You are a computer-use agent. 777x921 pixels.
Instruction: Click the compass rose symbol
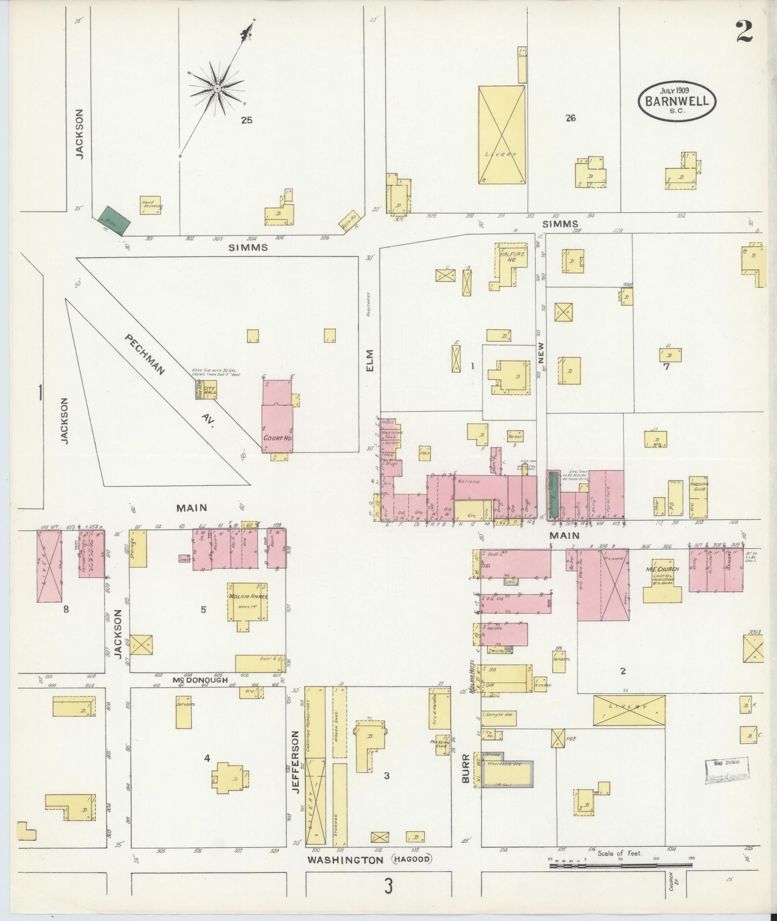click(x=217, y=89)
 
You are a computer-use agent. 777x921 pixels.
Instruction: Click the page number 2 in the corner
click(x=744, y=32)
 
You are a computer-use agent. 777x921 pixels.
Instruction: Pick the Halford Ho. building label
click(x=506, y=256)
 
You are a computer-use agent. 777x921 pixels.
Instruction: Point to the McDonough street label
click(x=200, y=680)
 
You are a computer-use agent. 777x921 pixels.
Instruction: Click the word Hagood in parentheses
click(x=412, y=859)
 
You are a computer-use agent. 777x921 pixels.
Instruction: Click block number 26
click(x=571, y=118)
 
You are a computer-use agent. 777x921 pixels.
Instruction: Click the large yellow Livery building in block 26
click(x=501, y=135)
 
